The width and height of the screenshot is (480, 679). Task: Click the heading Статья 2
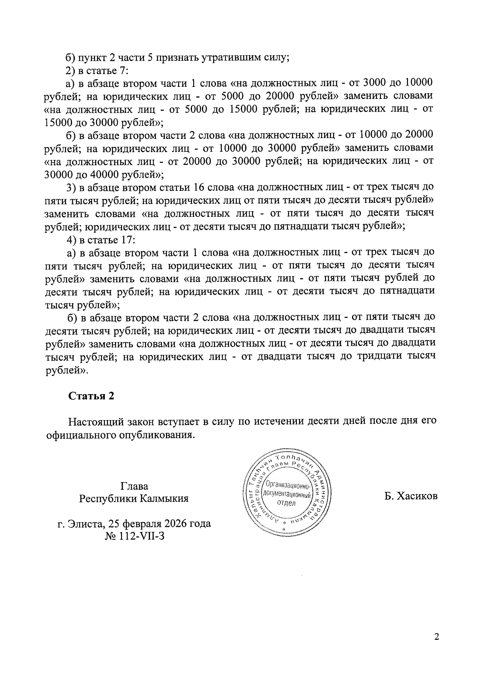(91, 396)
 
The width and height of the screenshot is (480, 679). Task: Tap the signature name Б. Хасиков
(411, 496)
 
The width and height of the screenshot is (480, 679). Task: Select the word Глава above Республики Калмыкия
(134, 486)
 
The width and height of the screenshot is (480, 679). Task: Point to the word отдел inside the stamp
(286, 503)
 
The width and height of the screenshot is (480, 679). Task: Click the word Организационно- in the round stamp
(286, 486)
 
